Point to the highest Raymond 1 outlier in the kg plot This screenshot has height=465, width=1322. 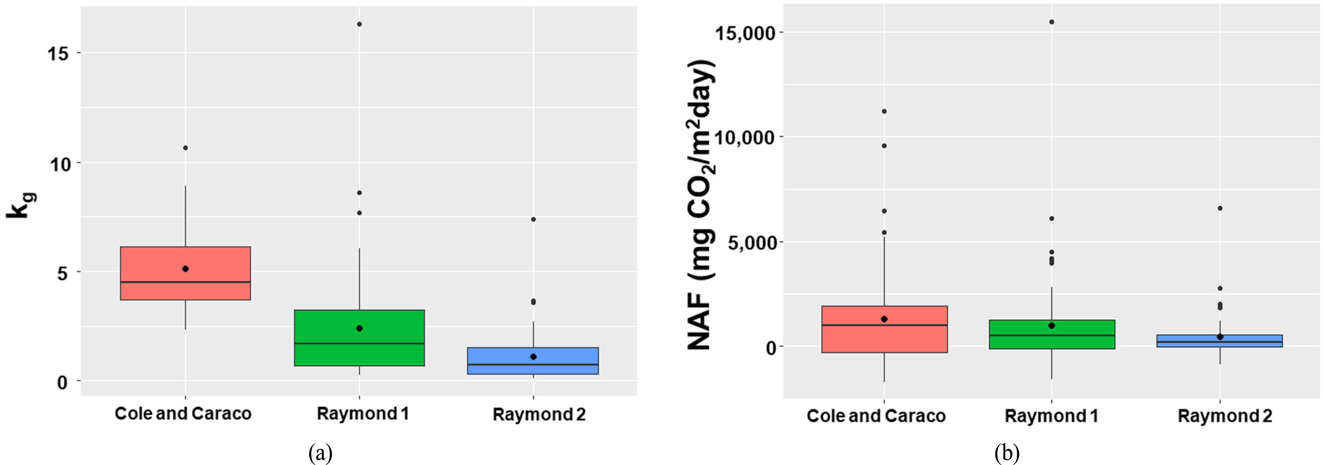click(x=359, y=24)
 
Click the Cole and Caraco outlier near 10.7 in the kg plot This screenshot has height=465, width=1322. click(x=185, y=148)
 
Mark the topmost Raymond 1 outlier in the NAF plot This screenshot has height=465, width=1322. click(x=1052, y=22)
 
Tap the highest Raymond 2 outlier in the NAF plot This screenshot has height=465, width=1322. click(x=1220, y=208)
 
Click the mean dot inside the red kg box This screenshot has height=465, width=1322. click(x=185, y=269)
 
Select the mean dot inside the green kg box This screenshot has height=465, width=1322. click(x=359, y=328)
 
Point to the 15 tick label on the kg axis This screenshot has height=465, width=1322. click(x=59, y=53)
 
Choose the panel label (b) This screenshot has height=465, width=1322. click(x=1007, y=453)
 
